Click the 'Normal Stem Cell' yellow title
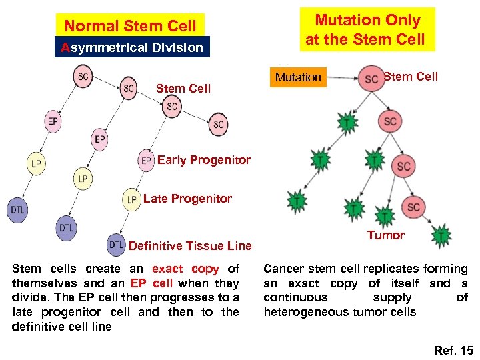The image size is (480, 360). click(x=130, y=26)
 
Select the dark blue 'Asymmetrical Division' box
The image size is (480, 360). click(x=132, y=47)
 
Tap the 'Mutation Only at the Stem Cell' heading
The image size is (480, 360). click(x=367, y=30)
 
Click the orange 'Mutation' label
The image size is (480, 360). click(x=298, y=77)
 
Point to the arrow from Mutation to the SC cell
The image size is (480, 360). click(x=341, y=78)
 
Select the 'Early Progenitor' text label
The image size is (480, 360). click(x=203, y=160)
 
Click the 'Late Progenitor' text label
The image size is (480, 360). click(x=187, y=199)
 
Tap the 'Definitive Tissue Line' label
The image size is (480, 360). click(x=190, y=246)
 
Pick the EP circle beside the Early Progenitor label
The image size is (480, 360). click(x=146, y=161)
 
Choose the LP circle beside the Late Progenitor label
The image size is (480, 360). click(x=131, y=199)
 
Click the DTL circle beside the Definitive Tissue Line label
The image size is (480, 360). click(x=116, y=245)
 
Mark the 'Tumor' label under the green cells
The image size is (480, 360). click(x=385, y=235)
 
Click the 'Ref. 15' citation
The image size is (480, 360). click(x=453, y=350)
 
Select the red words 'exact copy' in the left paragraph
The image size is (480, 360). click(x=185, y=269)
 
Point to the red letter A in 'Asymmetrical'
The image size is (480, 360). click(x=65, y=47)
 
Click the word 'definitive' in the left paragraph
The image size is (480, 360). click(x=40, y=327)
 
